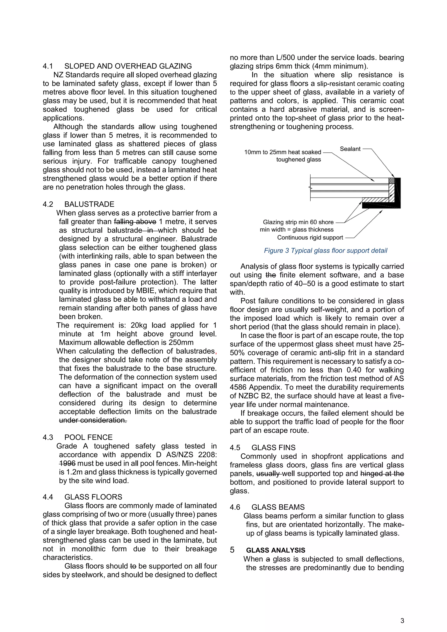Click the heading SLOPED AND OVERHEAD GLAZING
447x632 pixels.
(x=128, y=66)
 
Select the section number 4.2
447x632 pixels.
(x=48, y=204)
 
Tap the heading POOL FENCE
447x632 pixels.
(x=88, y=437)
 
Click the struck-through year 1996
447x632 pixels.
(x=67, y=463)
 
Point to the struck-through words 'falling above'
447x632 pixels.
(x=135, y=222)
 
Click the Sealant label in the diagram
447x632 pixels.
(x=350, y=149)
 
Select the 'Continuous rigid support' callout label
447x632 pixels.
(x=310, y=238)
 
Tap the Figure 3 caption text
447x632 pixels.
(x=325, y=251)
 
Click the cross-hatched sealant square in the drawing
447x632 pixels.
(x=391, y=181)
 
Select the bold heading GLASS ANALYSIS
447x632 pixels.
(x=275, y=550)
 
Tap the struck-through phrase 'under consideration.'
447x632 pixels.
(x=93, y=420)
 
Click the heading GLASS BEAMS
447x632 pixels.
(x=278, y=507)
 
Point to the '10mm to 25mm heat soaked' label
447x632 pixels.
(x=283, y=152)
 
